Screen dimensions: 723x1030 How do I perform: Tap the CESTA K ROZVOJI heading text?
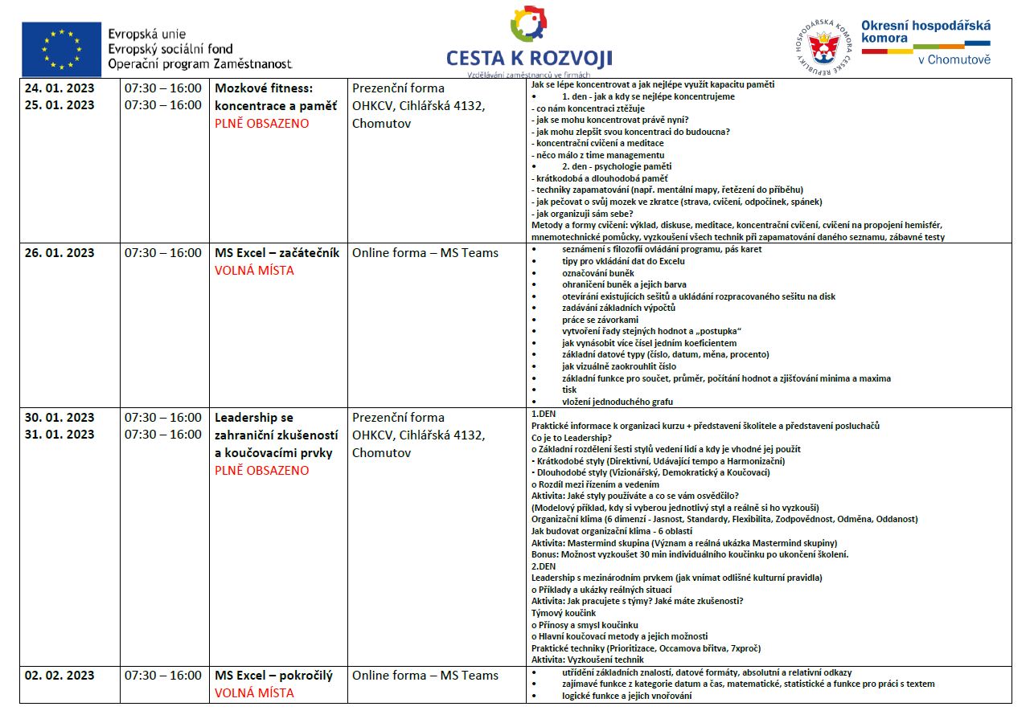(529, 58)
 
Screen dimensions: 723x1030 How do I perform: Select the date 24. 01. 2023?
(60, 88)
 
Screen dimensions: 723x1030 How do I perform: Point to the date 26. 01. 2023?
(60, 253)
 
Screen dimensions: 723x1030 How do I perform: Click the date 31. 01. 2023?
(60, 435)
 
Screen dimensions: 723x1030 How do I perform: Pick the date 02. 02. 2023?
(60, 676)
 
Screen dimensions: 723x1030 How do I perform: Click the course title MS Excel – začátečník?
(277, 253)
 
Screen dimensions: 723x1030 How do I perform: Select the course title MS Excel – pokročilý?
(273, 676)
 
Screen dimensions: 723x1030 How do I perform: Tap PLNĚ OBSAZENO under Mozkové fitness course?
(261, 124)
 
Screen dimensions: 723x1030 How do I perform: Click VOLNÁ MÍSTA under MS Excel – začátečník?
(254, 271)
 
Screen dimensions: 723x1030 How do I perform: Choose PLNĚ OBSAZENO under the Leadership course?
(261, 471)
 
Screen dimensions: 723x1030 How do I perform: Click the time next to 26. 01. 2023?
(163, 253)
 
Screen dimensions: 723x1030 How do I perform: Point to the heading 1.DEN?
(544, 414)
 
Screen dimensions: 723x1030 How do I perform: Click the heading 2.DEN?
(544, 566)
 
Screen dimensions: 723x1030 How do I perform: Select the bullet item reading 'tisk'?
(569, 390)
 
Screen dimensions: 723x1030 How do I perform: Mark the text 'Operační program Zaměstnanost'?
(200, 63)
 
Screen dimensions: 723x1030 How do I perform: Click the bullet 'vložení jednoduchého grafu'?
(617, 402)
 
